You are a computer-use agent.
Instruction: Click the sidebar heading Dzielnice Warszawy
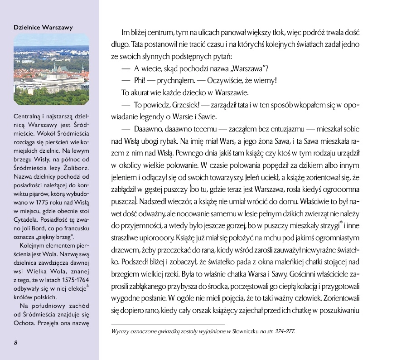click(43, 27)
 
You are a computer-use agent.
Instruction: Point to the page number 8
click(15, 342)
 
